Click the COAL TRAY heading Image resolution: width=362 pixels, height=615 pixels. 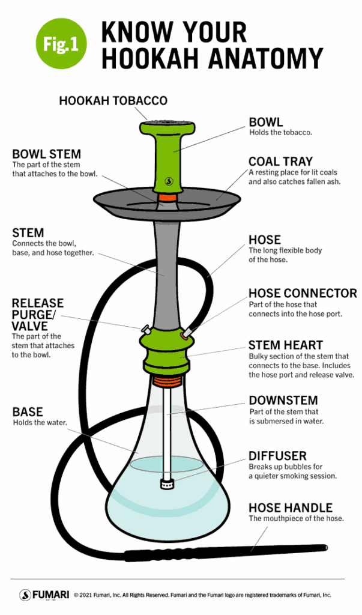pos(280,161)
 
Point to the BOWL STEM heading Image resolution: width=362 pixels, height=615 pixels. pos(46,154)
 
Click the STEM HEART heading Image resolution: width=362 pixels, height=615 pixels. pos(285,345)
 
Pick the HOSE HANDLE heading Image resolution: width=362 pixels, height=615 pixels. pos(290,507)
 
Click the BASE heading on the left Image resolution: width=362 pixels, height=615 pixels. pos(28,412)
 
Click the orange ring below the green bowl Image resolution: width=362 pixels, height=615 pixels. pos(168,197)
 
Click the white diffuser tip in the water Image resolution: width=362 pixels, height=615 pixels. pos(167,482)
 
